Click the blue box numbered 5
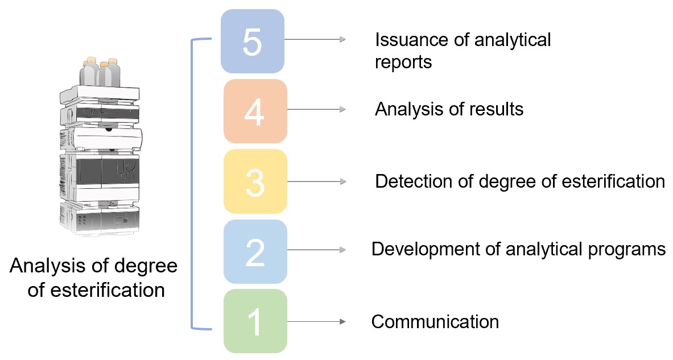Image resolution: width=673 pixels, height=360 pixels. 252,41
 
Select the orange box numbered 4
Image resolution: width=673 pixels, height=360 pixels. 255,111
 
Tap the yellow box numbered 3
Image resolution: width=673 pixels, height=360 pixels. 255,181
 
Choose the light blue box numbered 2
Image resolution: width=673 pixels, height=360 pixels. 255,251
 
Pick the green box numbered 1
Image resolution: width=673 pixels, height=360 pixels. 255,321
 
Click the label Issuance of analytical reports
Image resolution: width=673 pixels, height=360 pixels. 463,51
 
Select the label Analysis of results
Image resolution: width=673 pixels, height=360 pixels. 449,109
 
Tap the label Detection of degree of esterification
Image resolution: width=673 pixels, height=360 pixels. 519,181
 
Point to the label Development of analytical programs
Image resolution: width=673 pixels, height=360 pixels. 518,249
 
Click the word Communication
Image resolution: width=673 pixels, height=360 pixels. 435,321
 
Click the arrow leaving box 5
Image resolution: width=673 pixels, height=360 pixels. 315,39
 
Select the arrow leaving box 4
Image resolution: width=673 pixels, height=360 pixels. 316,109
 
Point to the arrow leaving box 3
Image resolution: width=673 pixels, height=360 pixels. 316,181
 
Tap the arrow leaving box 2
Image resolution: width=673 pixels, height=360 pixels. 316,250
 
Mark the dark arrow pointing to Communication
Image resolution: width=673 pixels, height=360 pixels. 316,322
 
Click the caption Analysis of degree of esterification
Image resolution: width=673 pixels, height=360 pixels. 94,278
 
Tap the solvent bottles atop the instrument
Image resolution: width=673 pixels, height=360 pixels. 101,72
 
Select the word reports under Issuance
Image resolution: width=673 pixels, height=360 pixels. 403,62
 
